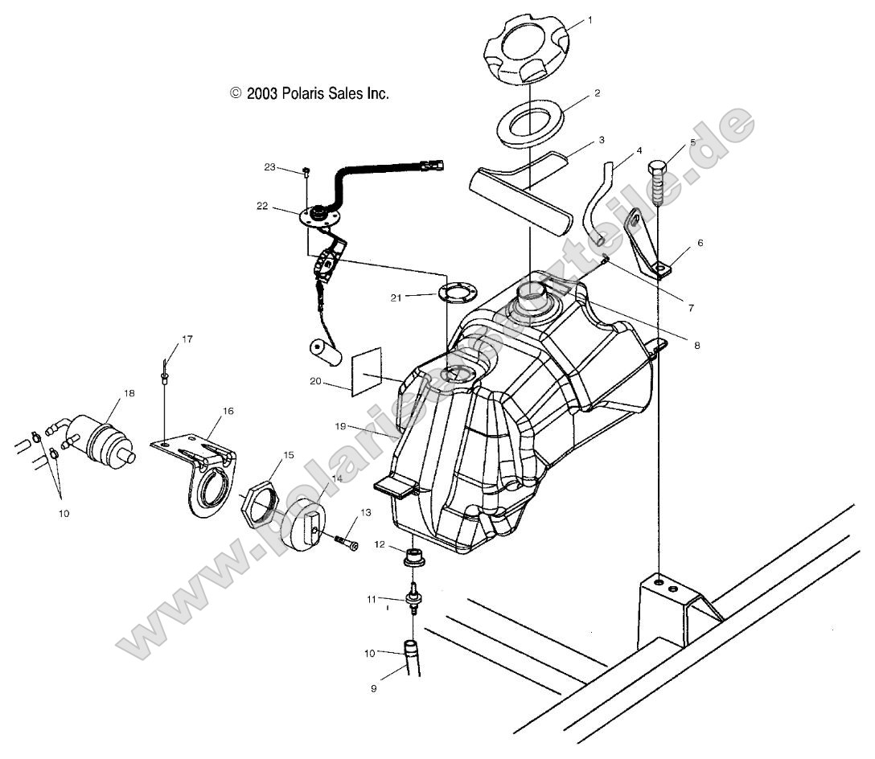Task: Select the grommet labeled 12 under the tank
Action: pyautogui.click(x=414, y=557)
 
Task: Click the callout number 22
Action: pyautogui.click(x=261, y=207)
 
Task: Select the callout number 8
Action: pyautogui.click(x=696, y=345)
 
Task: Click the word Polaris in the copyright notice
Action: pyautogui.click(x=304, y=93)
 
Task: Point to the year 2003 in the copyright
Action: pyautogui.click(x=262, y=93)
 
